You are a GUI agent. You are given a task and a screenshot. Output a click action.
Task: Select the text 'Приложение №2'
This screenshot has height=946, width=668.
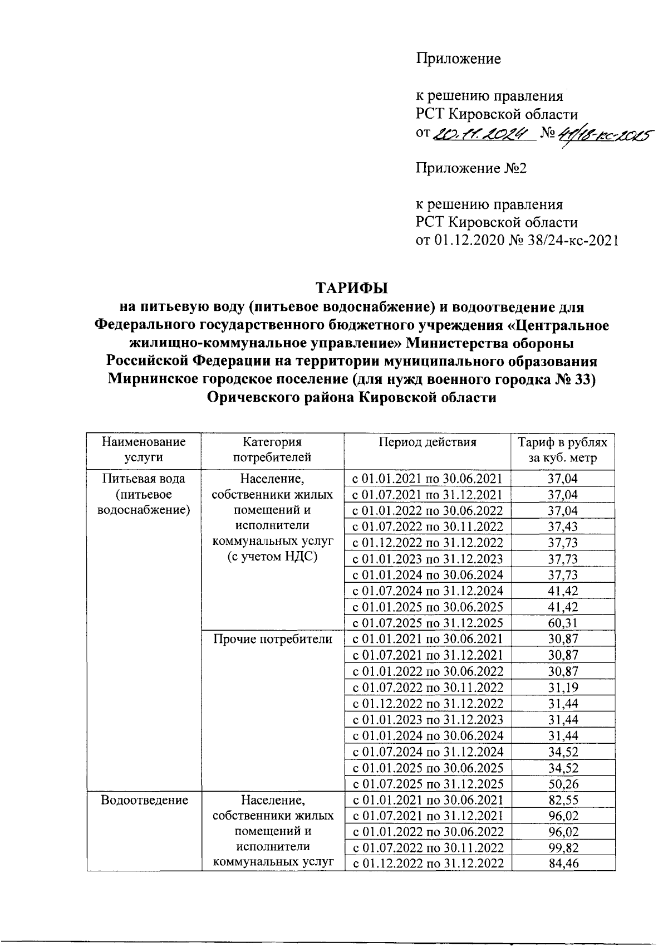(471, 168)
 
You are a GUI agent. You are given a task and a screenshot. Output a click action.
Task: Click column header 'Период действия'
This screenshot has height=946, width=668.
(427, 442)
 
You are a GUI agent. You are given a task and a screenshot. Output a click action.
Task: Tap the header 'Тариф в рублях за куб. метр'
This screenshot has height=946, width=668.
(562, 450)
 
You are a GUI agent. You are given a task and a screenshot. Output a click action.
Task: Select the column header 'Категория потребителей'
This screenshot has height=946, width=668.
(272, 450)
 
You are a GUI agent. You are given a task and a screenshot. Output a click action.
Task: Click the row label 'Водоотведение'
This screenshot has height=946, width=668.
(144, 801)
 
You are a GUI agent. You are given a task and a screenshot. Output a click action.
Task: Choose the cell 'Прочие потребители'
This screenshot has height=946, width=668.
(273, 639)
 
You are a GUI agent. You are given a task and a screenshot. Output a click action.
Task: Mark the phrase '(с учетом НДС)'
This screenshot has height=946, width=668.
(273, 557)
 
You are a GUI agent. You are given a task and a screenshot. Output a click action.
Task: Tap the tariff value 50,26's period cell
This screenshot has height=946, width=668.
(427, 784)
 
